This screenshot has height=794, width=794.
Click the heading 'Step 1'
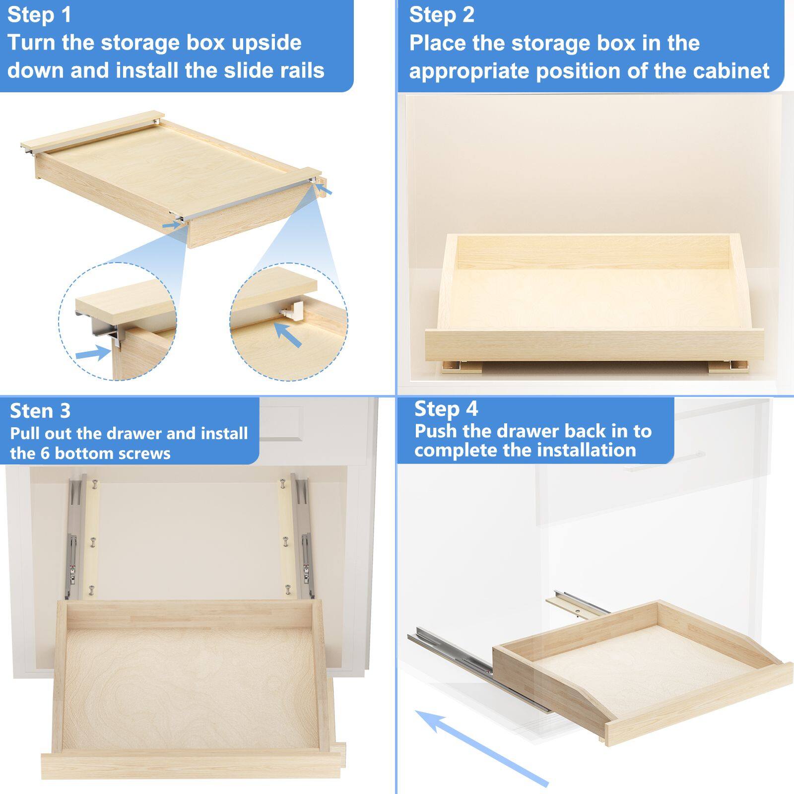click(x=40, y=14)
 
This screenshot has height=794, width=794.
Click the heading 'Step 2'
click(x=442, y=14)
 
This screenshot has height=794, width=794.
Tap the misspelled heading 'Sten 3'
click(x=40, y=411)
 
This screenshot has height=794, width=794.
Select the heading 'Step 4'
click(x=446, y=409)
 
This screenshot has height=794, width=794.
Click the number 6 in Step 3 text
click(x=45, y=453)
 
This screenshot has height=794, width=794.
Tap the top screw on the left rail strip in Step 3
click(x=94, y=483)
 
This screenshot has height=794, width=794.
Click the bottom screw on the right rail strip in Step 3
click(x=288, y=590)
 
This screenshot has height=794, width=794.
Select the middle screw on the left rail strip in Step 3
click(x=92, y=541)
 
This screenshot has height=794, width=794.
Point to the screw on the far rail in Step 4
click(x=577, y=607)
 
